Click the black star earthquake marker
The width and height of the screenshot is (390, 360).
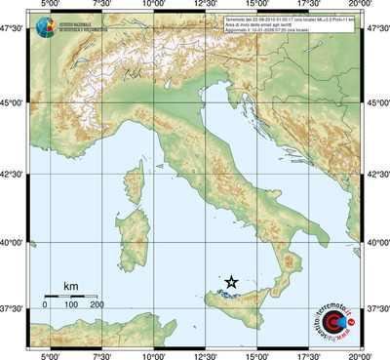pos(232,282)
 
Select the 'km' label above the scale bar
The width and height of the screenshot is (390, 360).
pos(70,286)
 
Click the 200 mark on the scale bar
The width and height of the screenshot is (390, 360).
pos(97,305)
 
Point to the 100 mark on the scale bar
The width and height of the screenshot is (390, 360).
pos(70,305)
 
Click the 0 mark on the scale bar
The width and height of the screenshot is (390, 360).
pos(45,305)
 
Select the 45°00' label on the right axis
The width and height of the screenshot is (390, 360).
pos(375,101)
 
